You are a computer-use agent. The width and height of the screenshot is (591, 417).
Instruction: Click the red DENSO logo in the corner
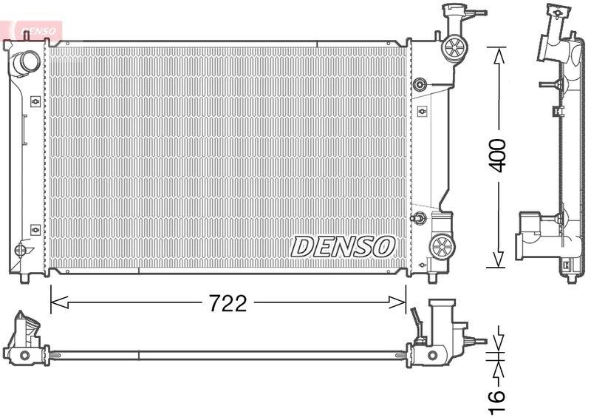pyautogui.click(x=33, y=30)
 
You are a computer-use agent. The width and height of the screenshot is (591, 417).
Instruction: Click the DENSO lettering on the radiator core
pyautogui.click(x=344, y=246)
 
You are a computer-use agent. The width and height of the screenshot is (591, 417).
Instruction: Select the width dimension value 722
pyautogui.click(x=227, y=303)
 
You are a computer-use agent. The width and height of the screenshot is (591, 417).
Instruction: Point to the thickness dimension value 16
pyautogui.click(x=499, y=397)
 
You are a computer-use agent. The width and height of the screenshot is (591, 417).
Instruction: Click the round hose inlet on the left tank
pyautogui.click(x=26, y=63)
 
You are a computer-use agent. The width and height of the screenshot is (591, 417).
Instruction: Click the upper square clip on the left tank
pyautogui.click(x=34, y=101)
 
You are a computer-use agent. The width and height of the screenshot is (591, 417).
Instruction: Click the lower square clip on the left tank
pyautogui.click(x=34, y=230)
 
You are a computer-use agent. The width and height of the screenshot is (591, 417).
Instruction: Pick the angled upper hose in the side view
pyautogui.click(x=552, y=37)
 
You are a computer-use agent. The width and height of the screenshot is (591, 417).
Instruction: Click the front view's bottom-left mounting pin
pyautogui.click(x=24, y=277)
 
